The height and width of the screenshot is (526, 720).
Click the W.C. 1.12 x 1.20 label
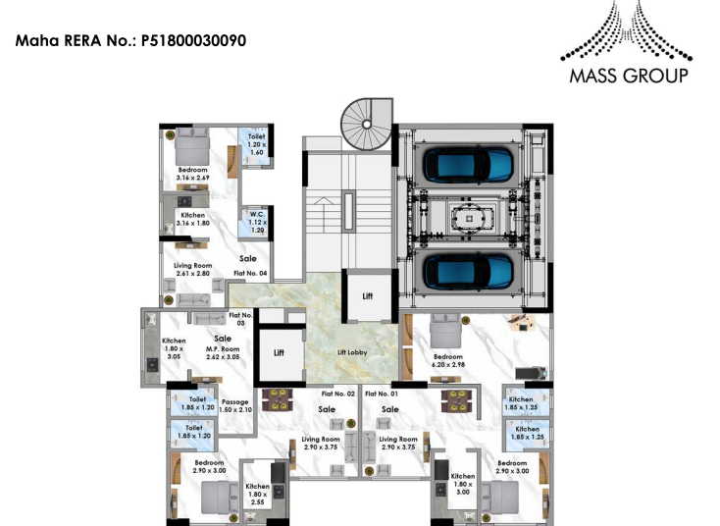point(257,221)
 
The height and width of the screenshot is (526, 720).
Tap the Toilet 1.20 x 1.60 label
point(257,145)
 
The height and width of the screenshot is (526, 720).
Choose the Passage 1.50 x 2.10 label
point(235,405)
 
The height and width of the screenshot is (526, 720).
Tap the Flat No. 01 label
point(382,394)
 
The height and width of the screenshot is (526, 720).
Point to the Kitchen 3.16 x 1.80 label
point(192,219)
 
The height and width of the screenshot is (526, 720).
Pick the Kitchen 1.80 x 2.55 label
point(258,494)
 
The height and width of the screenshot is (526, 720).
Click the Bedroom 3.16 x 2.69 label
point(192,174)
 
